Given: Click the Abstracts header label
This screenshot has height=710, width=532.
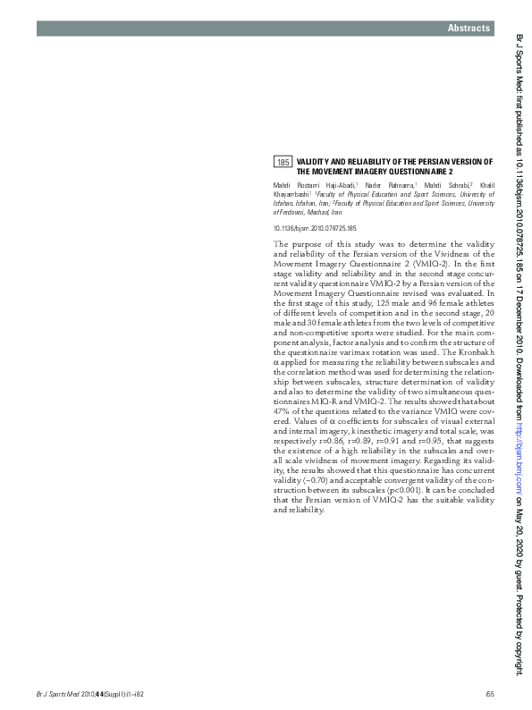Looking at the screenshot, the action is pos(469,30).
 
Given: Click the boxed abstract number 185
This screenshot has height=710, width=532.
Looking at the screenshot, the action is pos(283,162).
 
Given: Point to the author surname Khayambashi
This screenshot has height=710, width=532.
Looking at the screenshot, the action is pos(291,193).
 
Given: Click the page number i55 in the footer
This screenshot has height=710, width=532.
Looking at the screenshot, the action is pos(489,692).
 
